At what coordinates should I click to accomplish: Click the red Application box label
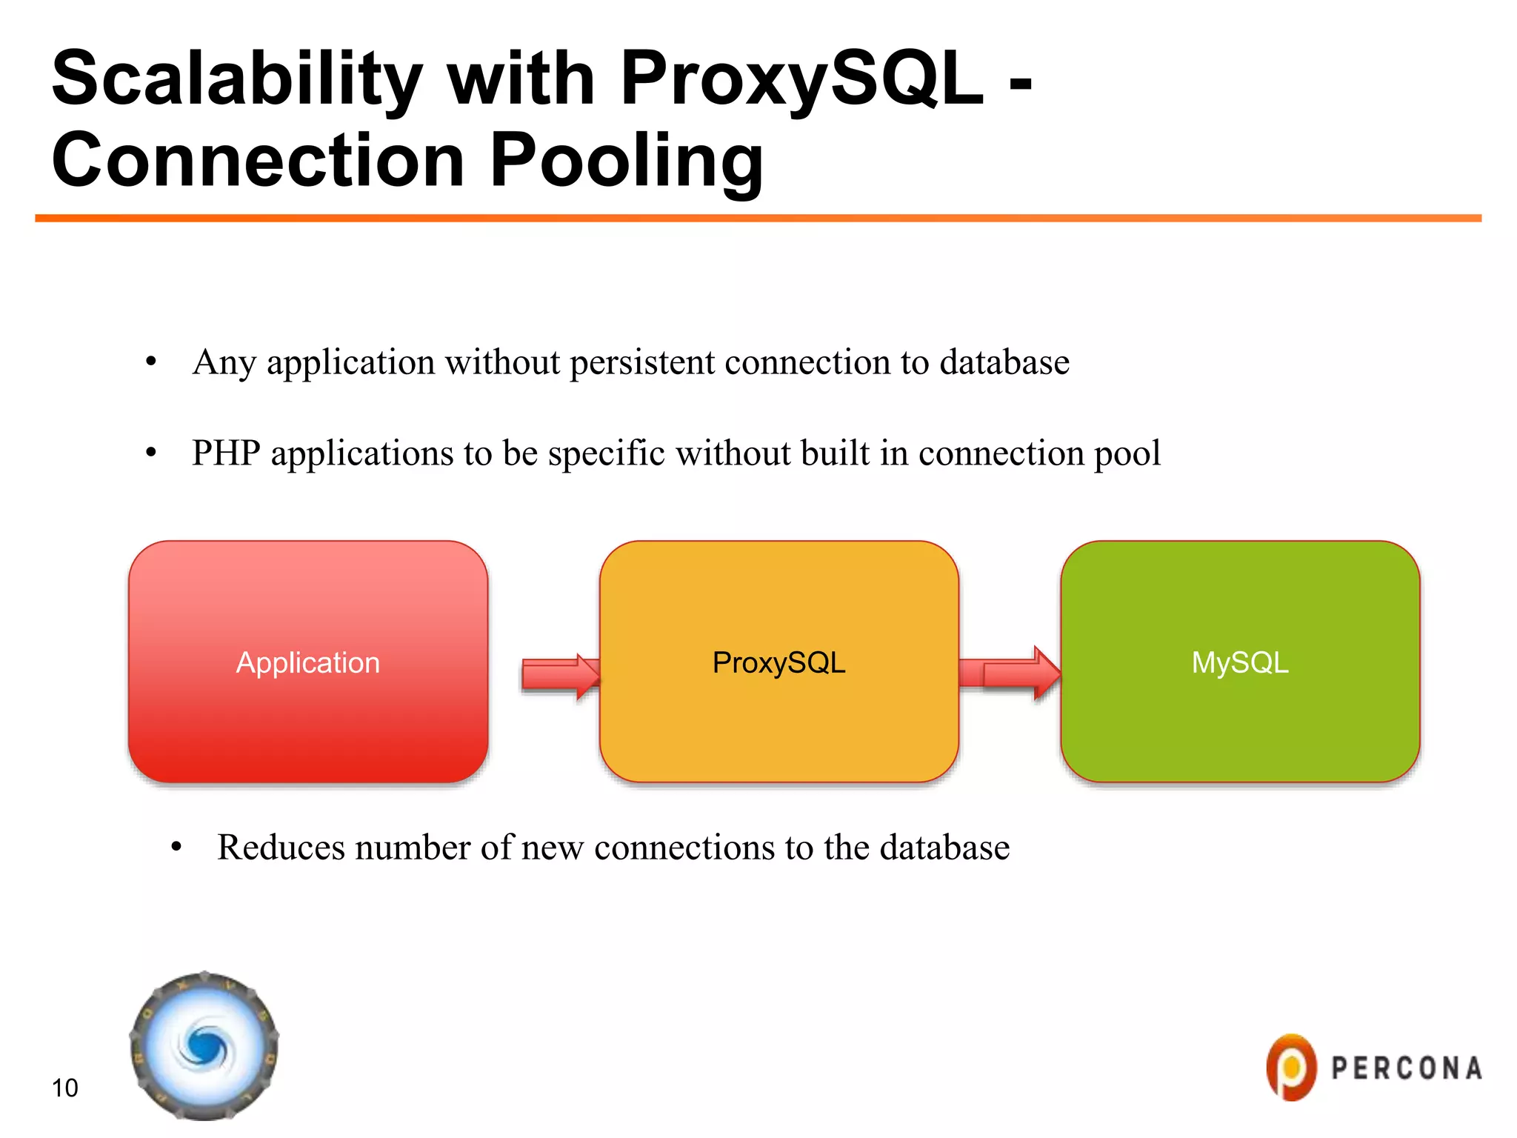coord(307,662)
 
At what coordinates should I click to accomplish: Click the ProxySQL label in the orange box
coord(778,662)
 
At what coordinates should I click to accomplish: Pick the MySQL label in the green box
coord(1240,662)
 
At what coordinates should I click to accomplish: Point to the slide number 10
coord(64,1088)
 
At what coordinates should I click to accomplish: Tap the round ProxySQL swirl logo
coord(204,1046)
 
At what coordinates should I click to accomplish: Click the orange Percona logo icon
coord(1291,1067)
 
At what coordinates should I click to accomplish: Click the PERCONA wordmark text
coord(1407,1068)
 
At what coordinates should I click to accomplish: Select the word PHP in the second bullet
coord(226,453)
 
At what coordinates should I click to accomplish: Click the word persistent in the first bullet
coord(642,362)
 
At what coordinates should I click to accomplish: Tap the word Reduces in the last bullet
coord(281,847)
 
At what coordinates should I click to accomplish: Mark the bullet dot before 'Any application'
coord(151,362)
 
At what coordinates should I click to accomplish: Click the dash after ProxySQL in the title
coord(1021,85)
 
